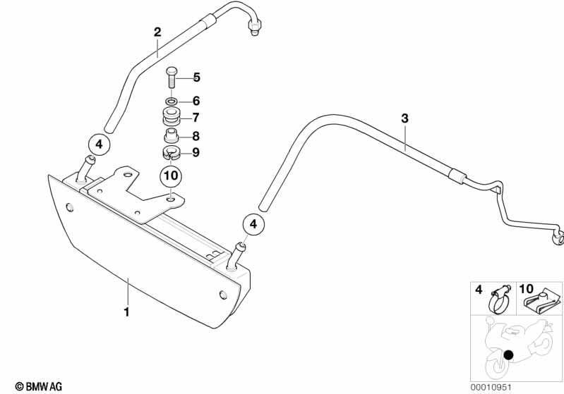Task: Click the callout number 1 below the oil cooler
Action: (126, 311)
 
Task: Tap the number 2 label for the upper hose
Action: (157, 32)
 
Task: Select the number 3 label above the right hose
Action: (404, 119)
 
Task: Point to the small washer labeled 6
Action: (172, 101)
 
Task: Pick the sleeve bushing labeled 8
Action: (172, 136)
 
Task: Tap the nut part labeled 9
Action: (171, 153)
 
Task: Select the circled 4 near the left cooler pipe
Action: (100, 144)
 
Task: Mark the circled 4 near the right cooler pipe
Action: (254, 225)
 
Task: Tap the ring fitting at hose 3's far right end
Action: (558, 235)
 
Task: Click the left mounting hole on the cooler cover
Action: (69, 207)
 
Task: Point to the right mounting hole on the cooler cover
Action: (224, 294)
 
